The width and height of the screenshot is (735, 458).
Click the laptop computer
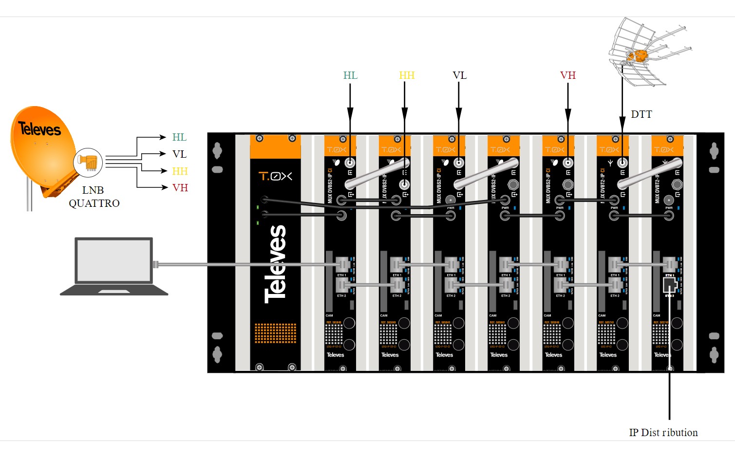click(x=114, y=266)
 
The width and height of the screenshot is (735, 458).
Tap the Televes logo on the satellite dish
click(x=39, y=129)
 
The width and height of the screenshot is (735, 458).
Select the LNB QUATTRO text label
click(x=94, y=197)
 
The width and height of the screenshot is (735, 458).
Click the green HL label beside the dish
click(x=179, y=137)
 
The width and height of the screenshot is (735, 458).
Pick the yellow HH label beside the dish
click(x=180, y=171)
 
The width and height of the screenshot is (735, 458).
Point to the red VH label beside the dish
click(x=180, y=188)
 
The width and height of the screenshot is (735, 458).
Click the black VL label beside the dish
click(x=179, y=154)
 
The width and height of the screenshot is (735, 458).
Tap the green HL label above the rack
click(x=350, y=75)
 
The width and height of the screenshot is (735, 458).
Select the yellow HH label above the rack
click(x=407, y=75)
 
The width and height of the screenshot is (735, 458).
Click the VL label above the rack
click(x=459, y=75)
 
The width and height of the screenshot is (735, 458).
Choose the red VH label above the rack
click(x=568, y=75)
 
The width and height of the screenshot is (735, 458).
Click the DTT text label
click(x=641, y=114)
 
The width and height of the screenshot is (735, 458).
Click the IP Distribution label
click(x=663, y=433)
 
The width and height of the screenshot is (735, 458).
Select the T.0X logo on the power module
click(x=275, y=176)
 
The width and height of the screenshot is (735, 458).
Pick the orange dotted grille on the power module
click(x=275, y=333)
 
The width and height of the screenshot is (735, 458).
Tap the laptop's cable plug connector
click(x=156, y=264)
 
